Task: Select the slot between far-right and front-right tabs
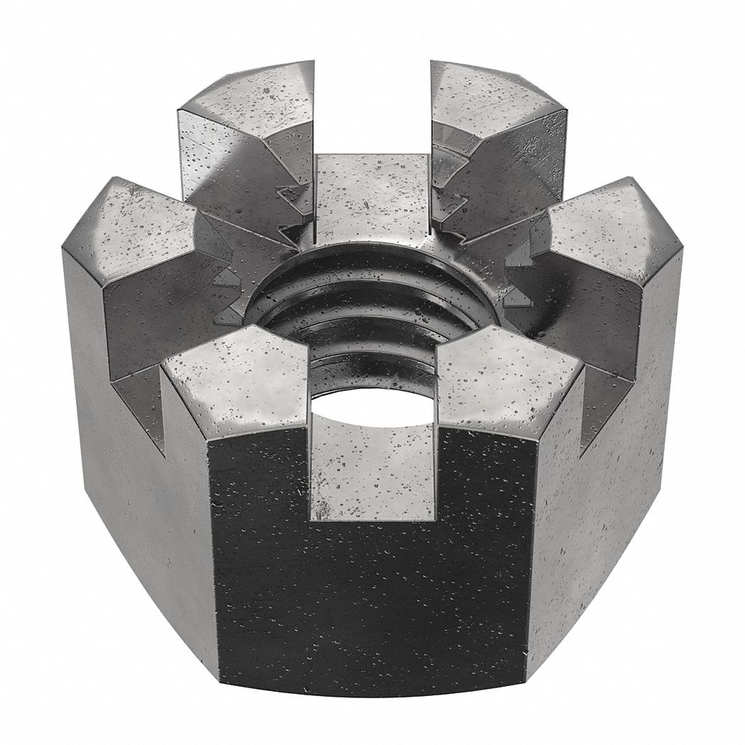(607, 397)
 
